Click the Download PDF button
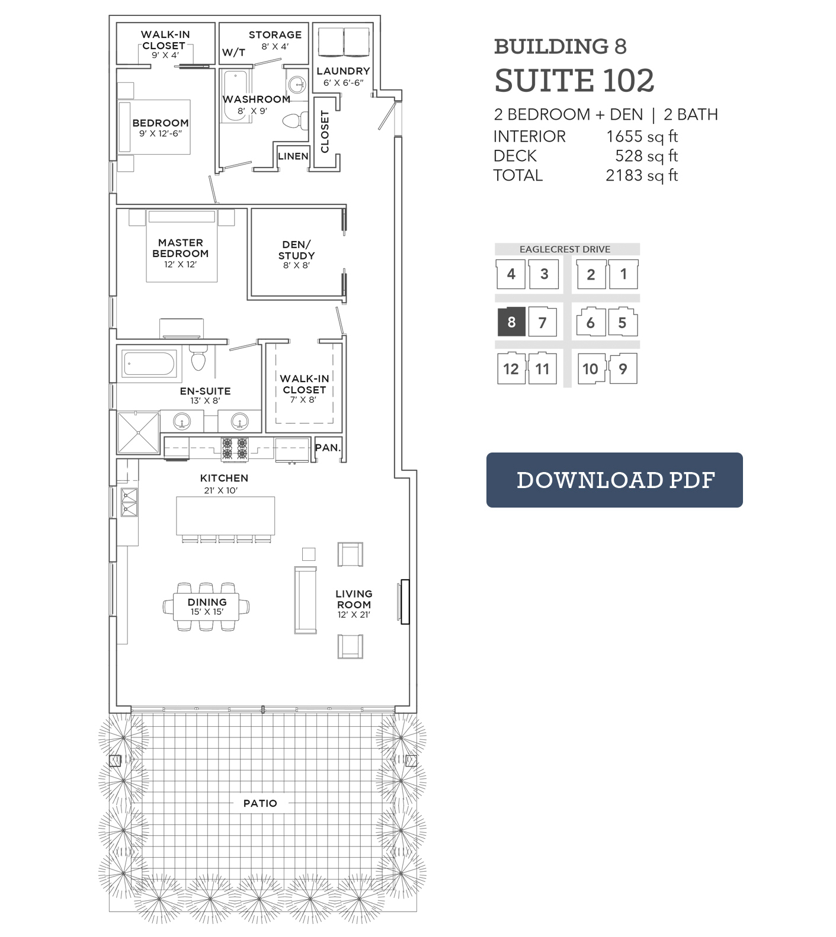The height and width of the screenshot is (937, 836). point(614,480)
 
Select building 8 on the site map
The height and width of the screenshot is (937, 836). point(511,322)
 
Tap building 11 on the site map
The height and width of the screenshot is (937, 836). point(542,368)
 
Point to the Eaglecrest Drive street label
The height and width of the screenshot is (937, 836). point(565,249)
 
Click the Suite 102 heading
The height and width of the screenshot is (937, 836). point(574,81)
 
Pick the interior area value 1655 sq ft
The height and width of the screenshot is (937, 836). point(642,136)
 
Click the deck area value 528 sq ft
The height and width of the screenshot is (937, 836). point(646,156)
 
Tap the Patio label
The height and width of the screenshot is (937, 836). point(260,803)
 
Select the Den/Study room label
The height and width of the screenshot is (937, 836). point(296,250)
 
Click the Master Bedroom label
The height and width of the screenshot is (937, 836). point(181,248)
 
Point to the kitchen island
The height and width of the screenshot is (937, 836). point(226,515)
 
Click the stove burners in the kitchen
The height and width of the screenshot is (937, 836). point(234,449)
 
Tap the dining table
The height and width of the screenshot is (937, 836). point(206,607)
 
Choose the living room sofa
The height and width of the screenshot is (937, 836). point(306,600)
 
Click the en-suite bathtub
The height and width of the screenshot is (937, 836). point(150,364)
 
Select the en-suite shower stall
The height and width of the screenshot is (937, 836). point(139,433)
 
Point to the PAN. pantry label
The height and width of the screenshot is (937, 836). point(328,448)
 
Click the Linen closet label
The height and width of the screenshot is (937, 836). point(293,156)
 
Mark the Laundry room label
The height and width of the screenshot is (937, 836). point(343,71)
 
